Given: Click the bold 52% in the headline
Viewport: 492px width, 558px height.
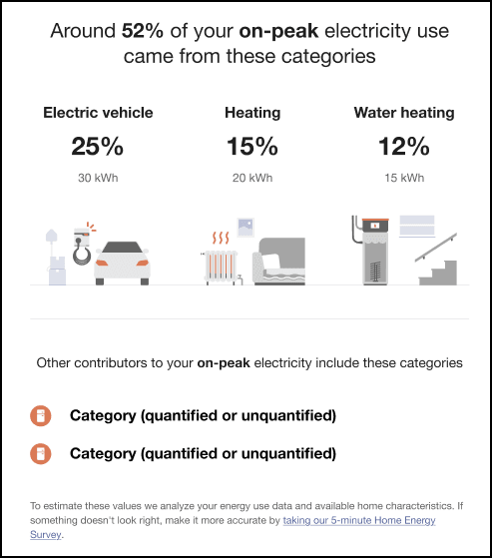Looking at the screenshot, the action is point(143,31).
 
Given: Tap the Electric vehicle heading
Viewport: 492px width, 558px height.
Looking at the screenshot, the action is point(98,113).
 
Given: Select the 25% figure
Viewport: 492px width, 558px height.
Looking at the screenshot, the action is point(98,147).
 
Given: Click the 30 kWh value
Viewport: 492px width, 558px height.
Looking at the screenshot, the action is point(98,178).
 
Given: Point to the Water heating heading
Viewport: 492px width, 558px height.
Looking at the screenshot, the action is point(404,113).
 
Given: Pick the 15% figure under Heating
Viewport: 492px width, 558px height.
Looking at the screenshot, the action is point(252,147).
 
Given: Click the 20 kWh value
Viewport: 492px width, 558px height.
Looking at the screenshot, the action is point(252,178).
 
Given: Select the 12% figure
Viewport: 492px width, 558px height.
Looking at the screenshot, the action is point(404,147).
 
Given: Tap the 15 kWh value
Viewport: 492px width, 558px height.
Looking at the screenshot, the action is point(404,178).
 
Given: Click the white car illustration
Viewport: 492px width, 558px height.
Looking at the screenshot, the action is point(122,264).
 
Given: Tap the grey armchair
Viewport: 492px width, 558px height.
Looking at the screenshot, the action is point(278,262).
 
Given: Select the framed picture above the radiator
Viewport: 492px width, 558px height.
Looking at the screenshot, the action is point(246,228).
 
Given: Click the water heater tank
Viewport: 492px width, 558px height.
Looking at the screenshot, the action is point(374,252).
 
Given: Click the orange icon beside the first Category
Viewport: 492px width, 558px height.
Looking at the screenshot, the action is point(41,415).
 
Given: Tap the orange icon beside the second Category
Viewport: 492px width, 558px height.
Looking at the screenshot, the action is point(41,454).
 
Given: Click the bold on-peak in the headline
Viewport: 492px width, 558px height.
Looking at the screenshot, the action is point(278,31).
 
